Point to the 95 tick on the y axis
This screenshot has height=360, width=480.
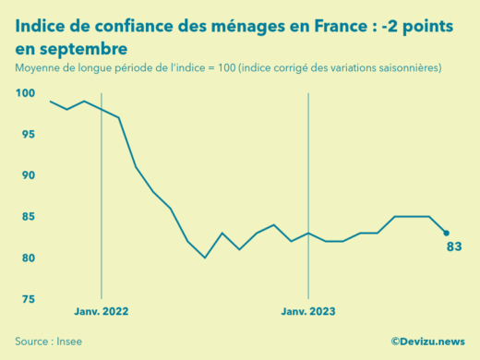[x=28, y=135]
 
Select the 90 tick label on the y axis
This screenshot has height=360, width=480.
[x=28, y=175]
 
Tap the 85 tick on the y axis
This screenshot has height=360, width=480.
[x=28, y=217]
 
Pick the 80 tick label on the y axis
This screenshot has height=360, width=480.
[x=28, y=258]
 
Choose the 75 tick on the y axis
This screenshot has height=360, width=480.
[x=28, y=299]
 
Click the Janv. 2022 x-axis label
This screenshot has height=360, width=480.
[x=102, y=312]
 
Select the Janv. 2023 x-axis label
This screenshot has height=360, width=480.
[x=308, y=312]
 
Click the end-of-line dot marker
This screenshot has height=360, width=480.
[x=447, y=233]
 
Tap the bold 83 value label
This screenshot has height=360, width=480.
[x=453, y=247]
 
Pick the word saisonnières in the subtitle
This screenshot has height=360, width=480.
[x=407, y=67]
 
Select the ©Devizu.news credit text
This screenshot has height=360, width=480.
[x=427, y=341]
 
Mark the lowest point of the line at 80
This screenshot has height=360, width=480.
[x=205, y=258]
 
